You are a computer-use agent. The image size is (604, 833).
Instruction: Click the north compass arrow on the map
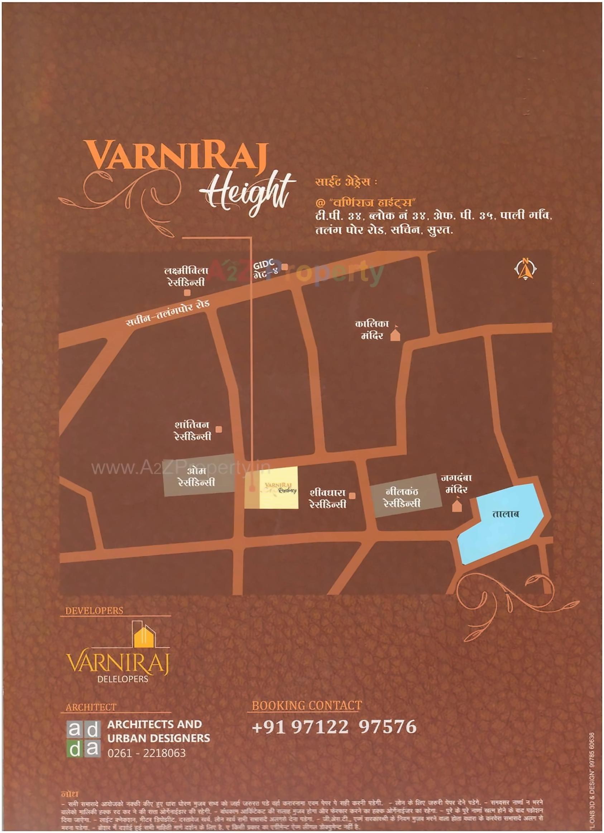point(526,269)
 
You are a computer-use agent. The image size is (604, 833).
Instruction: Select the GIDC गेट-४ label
point(265,269)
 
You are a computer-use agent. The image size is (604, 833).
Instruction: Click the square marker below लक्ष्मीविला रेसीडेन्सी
point(187,293)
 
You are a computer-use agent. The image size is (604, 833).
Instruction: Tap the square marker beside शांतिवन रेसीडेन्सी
point(219,429)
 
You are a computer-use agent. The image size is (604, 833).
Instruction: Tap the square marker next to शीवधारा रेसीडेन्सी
point(352,496)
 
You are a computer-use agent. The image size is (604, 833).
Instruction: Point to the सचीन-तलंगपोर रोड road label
point(168,313)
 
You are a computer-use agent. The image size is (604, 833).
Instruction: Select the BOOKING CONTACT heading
point(306,706)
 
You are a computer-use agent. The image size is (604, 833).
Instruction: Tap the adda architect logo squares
point(83,738)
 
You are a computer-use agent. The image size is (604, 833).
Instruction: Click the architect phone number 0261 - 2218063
point(147,753)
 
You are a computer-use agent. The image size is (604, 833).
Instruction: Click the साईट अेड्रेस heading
point(345,182)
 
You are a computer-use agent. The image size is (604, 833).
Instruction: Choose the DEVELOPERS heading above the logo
point(95,611)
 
